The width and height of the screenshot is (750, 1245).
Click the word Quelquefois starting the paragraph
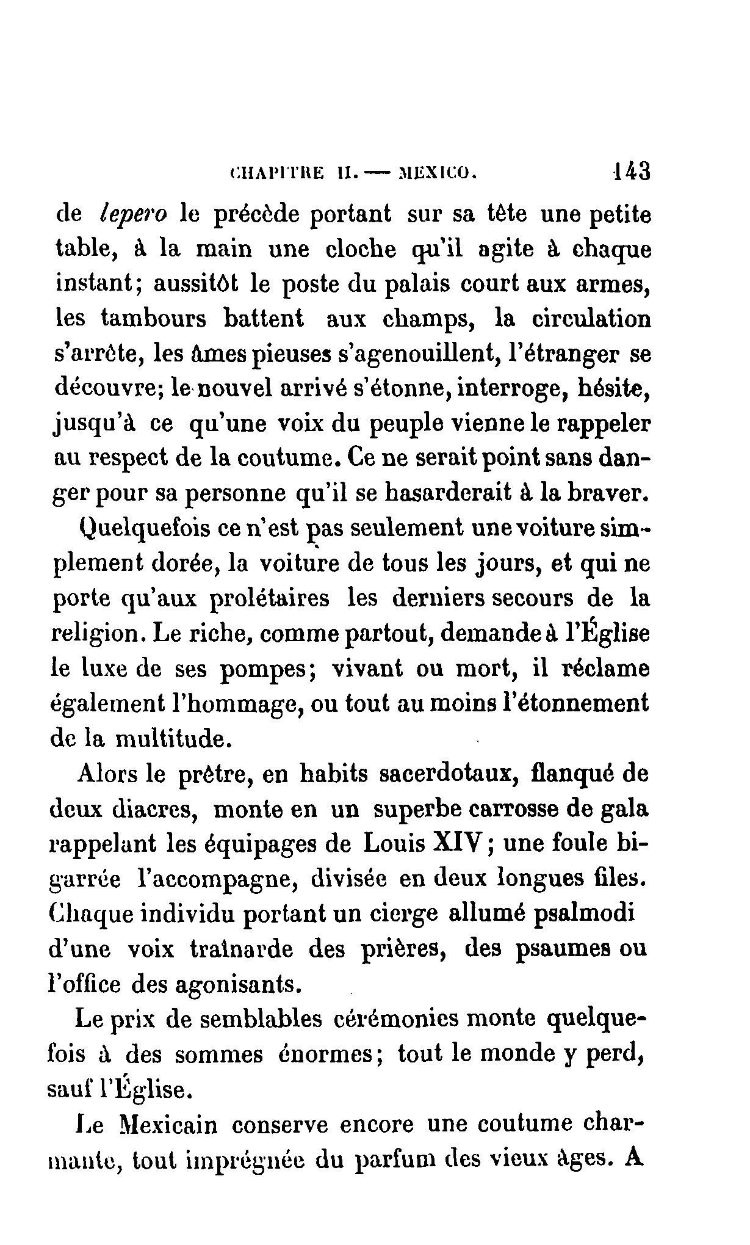tap(145, 529)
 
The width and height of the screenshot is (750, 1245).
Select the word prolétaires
tap(269, 599)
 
